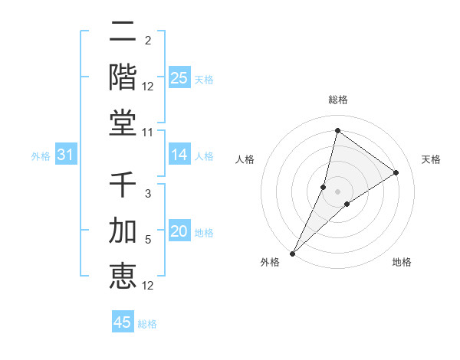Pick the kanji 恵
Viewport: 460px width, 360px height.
123,275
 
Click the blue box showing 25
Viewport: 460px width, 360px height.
179,77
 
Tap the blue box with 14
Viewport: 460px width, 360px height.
179,155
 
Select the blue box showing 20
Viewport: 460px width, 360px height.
179,231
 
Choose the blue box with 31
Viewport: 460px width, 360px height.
66,155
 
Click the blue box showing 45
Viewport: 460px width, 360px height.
123,322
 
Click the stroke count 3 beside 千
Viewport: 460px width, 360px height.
148,195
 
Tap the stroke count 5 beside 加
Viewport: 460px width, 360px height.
148,240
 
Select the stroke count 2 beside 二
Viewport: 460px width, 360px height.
148,40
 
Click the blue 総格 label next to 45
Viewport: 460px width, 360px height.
147,323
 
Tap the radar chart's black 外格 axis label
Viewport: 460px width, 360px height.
270,262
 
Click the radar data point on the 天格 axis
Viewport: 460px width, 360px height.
396,172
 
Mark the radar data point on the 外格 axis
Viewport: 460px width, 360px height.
292,253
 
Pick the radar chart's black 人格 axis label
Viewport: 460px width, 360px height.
245,159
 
